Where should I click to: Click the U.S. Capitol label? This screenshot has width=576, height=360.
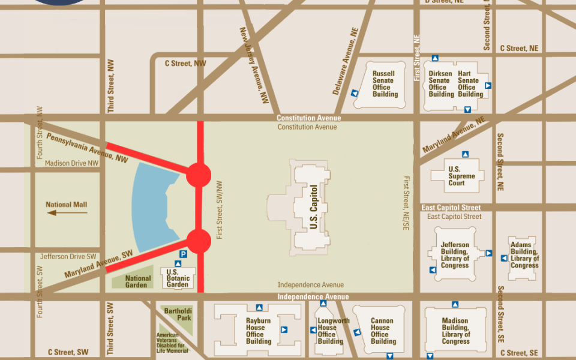click(x=313, y=206)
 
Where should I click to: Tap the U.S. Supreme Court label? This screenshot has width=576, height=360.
click(x=461, y=176)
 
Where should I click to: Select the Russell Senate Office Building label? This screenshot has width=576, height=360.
click(x=384, y=84)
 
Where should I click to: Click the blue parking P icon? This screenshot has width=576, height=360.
click(x=184, y=254)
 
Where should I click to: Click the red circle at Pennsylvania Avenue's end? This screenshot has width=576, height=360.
click(x=198, y=175)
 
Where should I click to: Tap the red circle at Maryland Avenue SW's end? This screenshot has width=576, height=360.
click(x=198, y=241)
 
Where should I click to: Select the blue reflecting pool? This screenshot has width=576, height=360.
click(x=150, y=207)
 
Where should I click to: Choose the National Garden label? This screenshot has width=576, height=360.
click(x=138, y=281)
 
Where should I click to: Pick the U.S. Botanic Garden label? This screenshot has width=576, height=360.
click(x=178, y=277)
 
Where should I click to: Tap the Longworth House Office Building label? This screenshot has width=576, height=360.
click(x=332, y=331)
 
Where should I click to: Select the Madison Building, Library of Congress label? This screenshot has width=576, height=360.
click(x=455, y=331)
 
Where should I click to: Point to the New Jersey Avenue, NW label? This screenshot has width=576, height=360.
click(x=254, y=65)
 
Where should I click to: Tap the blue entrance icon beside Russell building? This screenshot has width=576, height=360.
click(x=355, y=93)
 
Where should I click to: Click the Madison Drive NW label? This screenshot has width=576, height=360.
click(x=71, y=163)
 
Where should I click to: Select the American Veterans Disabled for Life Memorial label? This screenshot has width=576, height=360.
click(x=172, y=343)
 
